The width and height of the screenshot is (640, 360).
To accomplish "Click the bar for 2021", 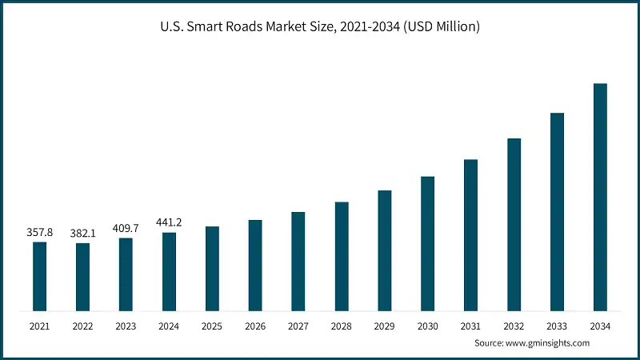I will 39,276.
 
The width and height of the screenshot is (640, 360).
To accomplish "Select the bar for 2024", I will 169,271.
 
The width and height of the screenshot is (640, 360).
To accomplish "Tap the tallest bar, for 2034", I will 600,197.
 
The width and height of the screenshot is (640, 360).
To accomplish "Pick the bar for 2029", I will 385,250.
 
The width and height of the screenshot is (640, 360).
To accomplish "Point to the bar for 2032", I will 514,224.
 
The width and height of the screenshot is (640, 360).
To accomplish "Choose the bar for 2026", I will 255,265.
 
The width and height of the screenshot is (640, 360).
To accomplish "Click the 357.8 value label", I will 39,232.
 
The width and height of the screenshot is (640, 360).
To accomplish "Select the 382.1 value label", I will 82,233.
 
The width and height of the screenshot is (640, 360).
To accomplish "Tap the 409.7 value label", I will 126,228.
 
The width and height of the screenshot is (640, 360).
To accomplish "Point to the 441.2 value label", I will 169,222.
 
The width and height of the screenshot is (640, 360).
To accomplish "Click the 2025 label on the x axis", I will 212,326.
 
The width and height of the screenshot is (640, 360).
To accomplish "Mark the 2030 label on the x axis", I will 428,326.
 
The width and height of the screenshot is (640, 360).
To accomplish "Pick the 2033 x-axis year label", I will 557,326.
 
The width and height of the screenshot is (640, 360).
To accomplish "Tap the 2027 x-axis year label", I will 298,326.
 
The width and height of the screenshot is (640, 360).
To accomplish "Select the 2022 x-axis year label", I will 82,326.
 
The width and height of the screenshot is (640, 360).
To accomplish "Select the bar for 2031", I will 470,234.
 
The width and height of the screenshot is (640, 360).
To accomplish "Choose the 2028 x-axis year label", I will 342,326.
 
